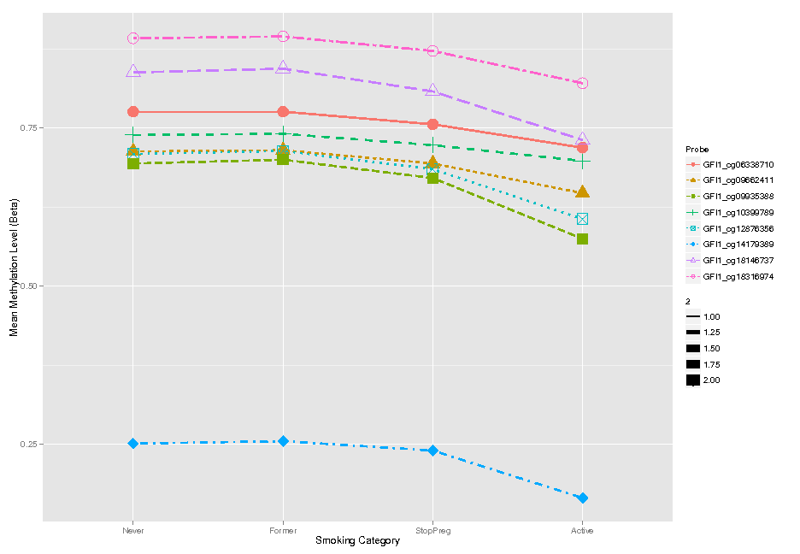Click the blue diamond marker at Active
pos(582,498)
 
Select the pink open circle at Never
pos(132,38)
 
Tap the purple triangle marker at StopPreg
pos(432,90)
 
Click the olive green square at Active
pos(582,239)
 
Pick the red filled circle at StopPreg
pos(432,125)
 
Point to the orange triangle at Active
pos(582,192)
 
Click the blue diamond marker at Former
pos(283,441)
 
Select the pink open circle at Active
pos(582,83)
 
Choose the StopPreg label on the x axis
pos(432,531)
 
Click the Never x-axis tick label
pos(132,531)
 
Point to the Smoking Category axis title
pos(357,541)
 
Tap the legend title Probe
pos(697,150)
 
